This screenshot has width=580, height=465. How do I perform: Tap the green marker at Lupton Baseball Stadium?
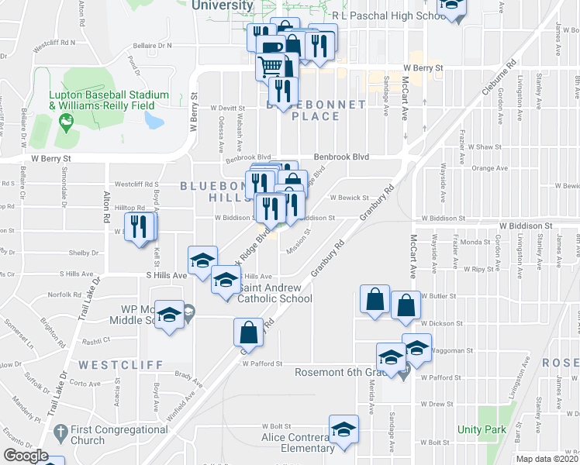pos(66,121)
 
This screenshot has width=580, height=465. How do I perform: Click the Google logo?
pos(26,456)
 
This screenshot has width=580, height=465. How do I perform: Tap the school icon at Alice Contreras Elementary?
pos(344,429)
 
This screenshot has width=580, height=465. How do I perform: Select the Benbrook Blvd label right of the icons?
pos(340,156)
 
